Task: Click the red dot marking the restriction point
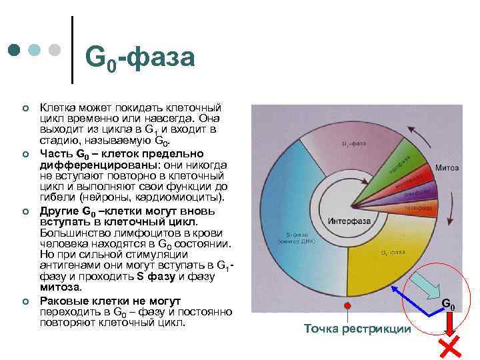click(x=346, y=305)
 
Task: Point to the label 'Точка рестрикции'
click(x=357, y=329)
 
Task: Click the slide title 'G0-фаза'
click(x=140, y=59)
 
